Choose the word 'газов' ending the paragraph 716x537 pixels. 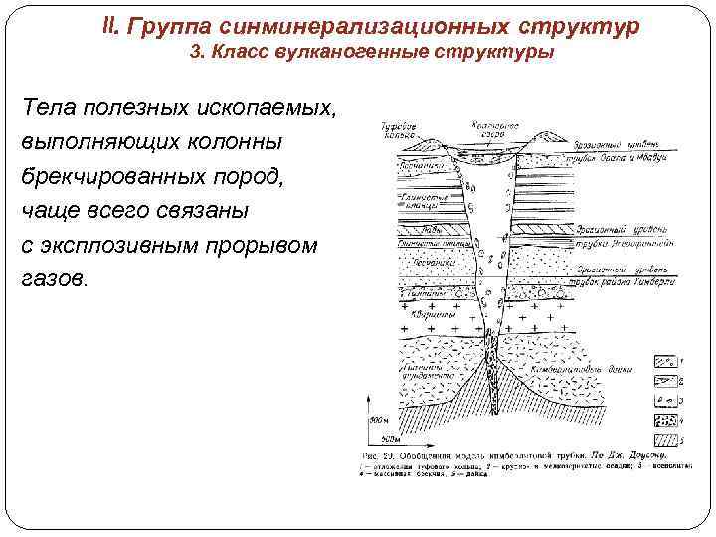coord(52,279)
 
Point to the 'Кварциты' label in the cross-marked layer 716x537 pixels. coord(438,315)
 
